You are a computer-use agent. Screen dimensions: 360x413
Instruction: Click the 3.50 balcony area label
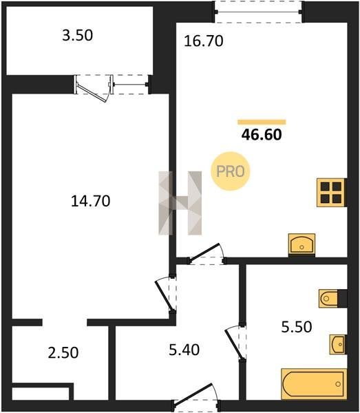[x=77, y=36]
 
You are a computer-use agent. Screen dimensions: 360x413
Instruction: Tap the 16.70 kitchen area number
[x=203, y=41]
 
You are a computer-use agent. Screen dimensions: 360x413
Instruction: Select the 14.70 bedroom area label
[x=91, y=201]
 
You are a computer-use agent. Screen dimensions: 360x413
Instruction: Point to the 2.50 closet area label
[x=63, y=352]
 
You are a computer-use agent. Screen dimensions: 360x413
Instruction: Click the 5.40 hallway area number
[x=184, y=350]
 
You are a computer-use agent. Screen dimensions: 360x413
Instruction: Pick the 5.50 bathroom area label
[x=297, y=327]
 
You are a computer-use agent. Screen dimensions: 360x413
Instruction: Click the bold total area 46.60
[x=262, y=135]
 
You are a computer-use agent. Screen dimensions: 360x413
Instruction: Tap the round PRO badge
[x=230, y=171]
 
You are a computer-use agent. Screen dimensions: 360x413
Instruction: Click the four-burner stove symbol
[x=331, y=193]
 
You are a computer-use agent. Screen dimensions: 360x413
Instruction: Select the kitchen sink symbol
[x=301, y=244]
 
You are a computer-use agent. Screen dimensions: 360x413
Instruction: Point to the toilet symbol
[x=328, y=299]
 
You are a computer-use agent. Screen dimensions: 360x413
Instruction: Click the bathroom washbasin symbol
[x=337, y=345]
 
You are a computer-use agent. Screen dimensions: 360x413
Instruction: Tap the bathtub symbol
[x=314, y=384]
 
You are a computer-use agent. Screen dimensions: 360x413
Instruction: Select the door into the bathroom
[x=235, y=343]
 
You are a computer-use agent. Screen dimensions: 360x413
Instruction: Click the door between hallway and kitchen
[x=207, y=254]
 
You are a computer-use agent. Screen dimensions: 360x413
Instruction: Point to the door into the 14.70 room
[x=166, y=294]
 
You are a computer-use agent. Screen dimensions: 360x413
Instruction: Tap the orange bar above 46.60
[x=262, y=122]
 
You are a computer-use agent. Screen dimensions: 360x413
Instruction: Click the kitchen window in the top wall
[x=258, y=12]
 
